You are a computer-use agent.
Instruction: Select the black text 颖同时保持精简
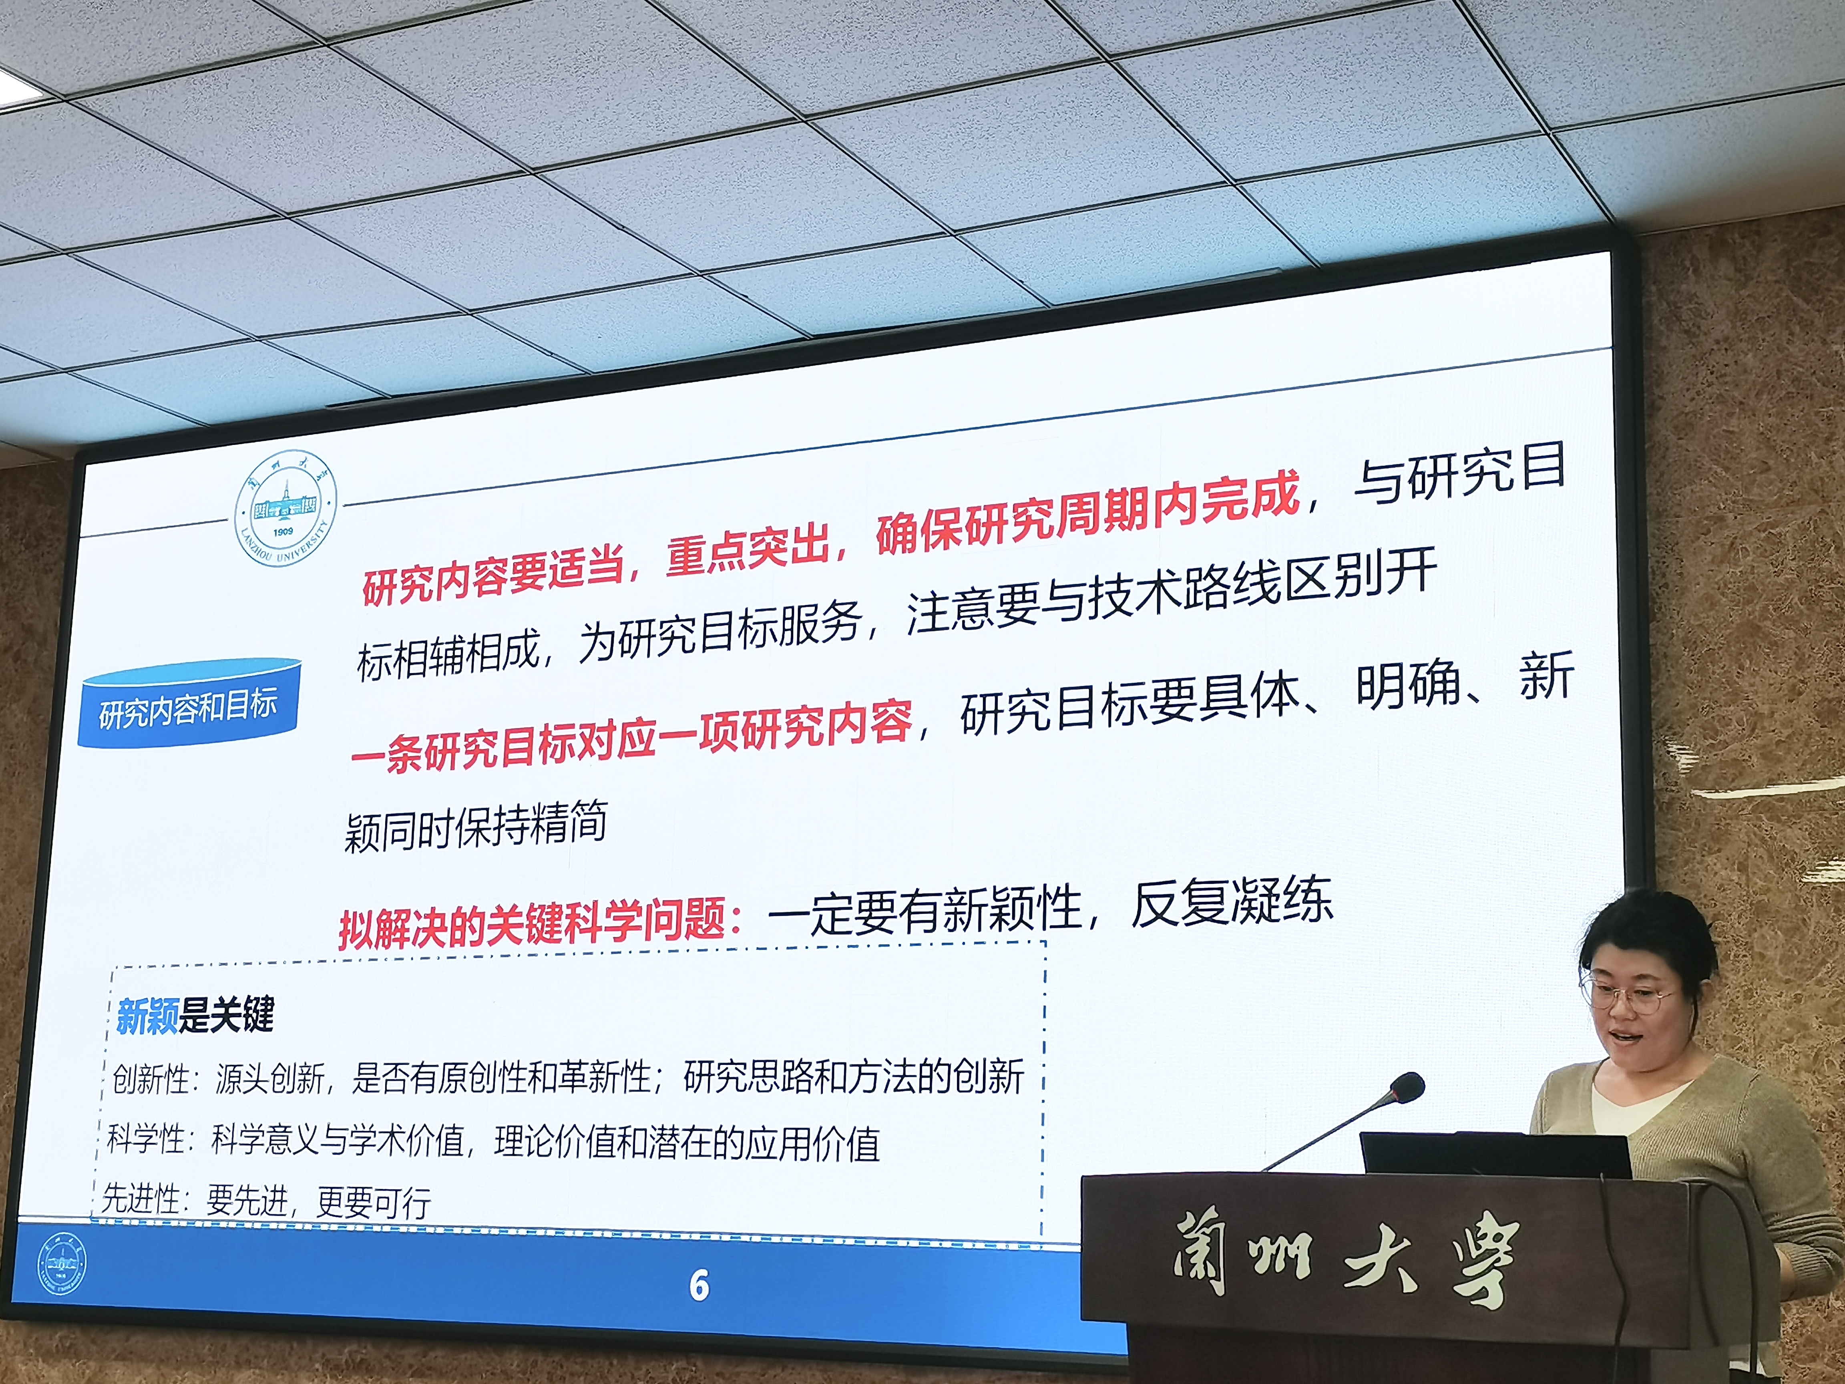pos(475,826)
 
